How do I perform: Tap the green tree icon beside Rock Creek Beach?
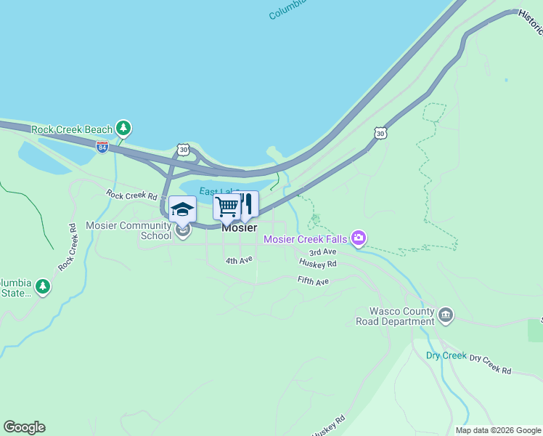point(124,129)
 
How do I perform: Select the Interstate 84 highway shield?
point(102,146)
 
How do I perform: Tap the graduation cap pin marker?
point(182,209)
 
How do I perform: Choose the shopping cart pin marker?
point(226,207)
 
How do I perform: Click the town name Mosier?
point(239,227)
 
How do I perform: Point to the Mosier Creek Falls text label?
point(305,239)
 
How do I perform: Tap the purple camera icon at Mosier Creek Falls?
point(358,238)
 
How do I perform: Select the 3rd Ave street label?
point(322,251)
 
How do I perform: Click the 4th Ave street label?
point(239,259)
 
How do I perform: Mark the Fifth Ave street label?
point(313,280)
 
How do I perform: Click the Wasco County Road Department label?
point(395,316)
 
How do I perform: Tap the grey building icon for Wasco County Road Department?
point(446,315)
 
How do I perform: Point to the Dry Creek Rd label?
point(490,365)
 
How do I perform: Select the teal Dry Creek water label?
point(446,355)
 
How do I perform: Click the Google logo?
point(24,427)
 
